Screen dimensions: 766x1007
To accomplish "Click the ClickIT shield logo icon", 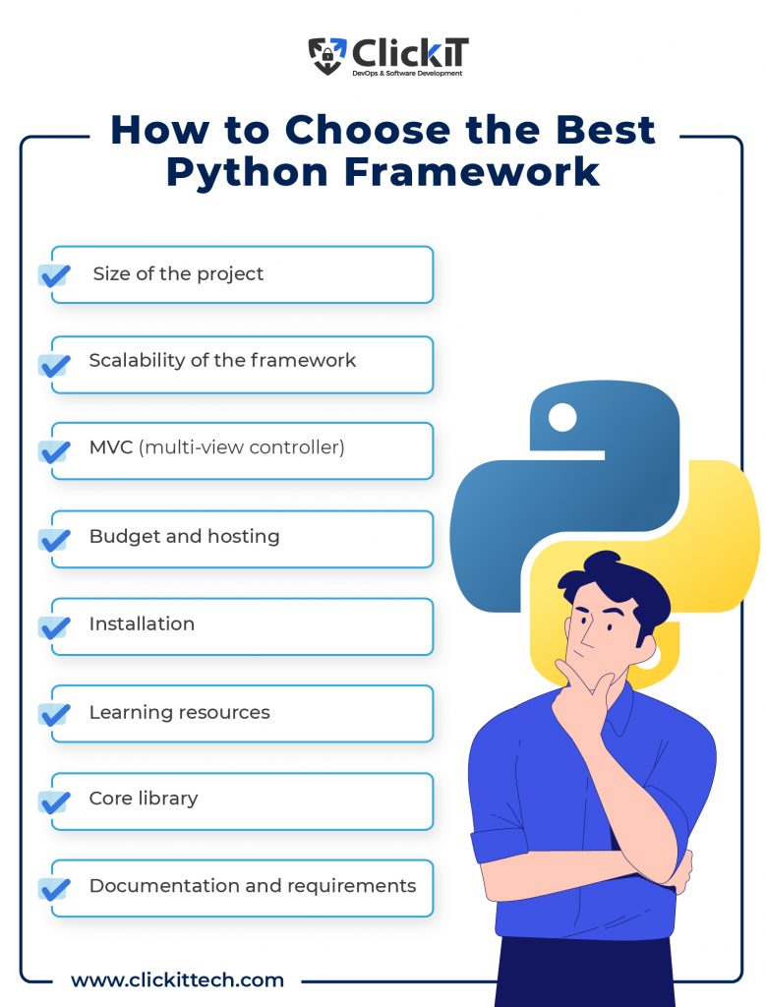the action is pos(326,55).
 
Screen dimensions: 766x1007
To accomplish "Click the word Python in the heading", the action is pos(247,172).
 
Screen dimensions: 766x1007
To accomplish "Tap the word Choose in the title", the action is pos(368,130).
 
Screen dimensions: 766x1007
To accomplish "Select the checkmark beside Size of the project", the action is pos(55,275).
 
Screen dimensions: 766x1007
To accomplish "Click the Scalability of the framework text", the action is pos(222,360).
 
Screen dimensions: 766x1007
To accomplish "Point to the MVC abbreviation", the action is pos(110,447).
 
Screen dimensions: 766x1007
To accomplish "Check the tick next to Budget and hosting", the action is pos(55,540).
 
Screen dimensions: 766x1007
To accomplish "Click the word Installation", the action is pos(142,623).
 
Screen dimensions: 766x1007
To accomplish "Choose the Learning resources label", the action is pos(180,712).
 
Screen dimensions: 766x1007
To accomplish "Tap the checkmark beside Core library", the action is pos(55,802).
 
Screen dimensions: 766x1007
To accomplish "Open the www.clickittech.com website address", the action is pos(177,980).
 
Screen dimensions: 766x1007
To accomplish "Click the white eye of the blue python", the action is pos(562,417).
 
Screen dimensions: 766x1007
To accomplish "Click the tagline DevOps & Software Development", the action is pos(407,73).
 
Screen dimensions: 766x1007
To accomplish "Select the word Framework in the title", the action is pos(472,172).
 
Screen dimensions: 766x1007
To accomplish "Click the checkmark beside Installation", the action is pos(55,627).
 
